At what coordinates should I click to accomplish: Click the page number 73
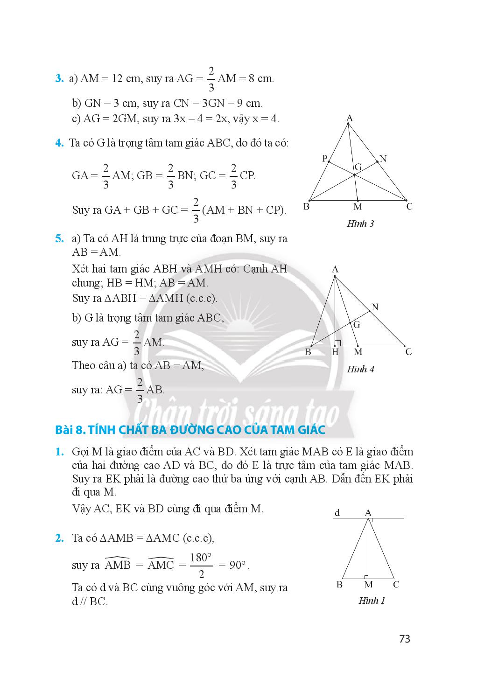point(404,639)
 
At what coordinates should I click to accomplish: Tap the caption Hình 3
point(360,224)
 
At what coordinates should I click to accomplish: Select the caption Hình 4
point(360,369)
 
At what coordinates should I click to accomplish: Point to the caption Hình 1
point(372,601)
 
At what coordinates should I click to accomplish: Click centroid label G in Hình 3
point(358,167)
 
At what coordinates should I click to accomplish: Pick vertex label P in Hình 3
point(325,158)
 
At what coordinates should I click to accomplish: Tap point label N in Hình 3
point(383,159)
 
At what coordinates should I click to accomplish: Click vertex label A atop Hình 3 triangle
point(349,119)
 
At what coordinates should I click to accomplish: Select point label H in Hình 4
point(335,352)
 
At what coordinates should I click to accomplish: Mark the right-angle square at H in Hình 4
point(338,343)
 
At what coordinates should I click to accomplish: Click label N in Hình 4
point(375,307)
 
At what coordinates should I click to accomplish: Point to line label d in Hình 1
point(337,513)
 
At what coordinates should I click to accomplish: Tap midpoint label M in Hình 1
point(368,585)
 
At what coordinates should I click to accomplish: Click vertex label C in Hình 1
point(396,584)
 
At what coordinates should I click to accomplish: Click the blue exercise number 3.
point(59,79)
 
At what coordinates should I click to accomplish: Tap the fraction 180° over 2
point(201,565)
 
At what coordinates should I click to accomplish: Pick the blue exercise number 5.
point(59,239)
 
